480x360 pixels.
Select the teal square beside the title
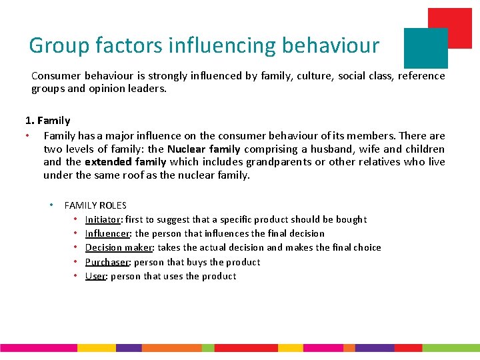click(x=425, y=48)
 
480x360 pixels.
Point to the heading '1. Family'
click(x=47, y=121)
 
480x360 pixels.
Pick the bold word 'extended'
click(x=107, y=162)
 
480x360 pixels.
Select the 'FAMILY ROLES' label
click(x=95, y=205)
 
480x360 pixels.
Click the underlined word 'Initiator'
click(x=103, y=219)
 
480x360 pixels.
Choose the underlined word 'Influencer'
click(x=107, y=233)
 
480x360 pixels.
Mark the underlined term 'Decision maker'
click(x=119, y=247)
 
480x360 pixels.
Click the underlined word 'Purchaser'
click(x=107, y=262)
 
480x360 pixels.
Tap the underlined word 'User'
click(x=95, y=276)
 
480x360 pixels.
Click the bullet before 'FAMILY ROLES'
click(x=51, y=205)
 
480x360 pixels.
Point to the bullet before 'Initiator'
click(x=76, y=219)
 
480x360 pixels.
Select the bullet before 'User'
click(x=76, y=276)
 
